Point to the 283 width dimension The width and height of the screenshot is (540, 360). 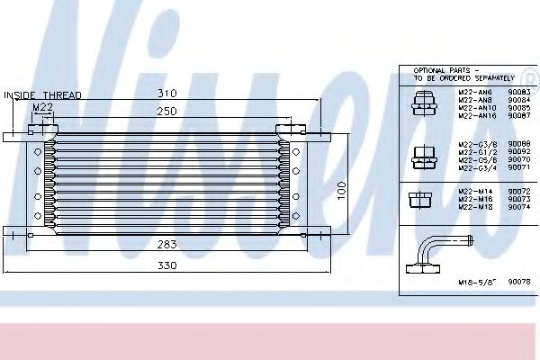[x=163, y=243]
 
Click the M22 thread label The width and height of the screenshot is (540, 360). [x=41, y=108]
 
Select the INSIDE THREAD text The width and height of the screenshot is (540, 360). [x=43, y=94]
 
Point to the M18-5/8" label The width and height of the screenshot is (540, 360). [x=473, y=282]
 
